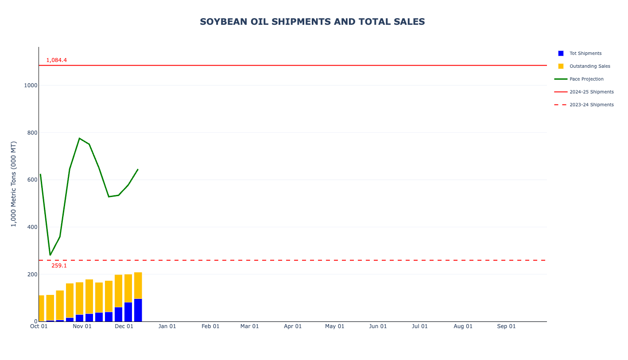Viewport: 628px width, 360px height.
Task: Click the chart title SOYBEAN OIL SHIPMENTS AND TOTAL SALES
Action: [312, 22]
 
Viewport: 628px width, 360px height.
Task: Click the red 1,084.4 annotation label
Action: [57, 60]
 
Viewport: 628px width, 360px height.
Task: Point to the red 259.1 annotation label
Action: [59, 266]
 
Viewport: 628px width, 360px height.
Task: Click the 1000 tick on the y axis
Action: [31, 85]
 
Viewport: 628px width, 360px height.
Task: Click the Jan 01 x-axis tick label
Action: [167, 327]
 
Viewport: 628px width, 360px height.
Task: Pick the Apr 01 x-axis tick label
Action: [293, 327]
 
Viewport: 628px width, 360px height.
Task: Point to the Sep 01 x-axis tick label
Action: [506, 327]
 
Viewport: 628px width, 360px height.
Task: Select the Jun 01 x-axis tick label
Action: [378, 327]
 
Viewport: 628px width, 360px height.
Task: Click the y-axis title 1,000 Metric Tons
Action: [14, 184]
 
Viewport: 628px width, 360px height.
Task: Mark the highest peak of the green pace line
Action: [79, 138]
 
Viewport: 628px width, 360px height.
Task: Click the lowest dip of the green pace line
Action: [50, 255]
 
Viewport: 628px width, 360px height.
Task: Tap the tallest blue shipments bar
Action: [138, 310]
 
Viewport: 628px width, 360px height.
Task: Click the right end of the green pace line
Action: [138, 169]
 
